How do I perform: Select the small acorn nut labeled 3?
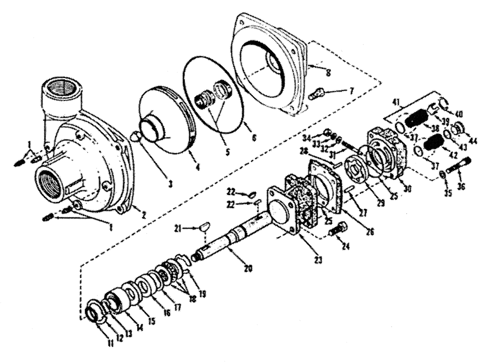pos(135,135)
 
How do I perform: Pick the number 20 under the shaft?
pos(248,268)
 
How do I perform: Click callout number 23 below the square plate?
pos(303,259)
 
